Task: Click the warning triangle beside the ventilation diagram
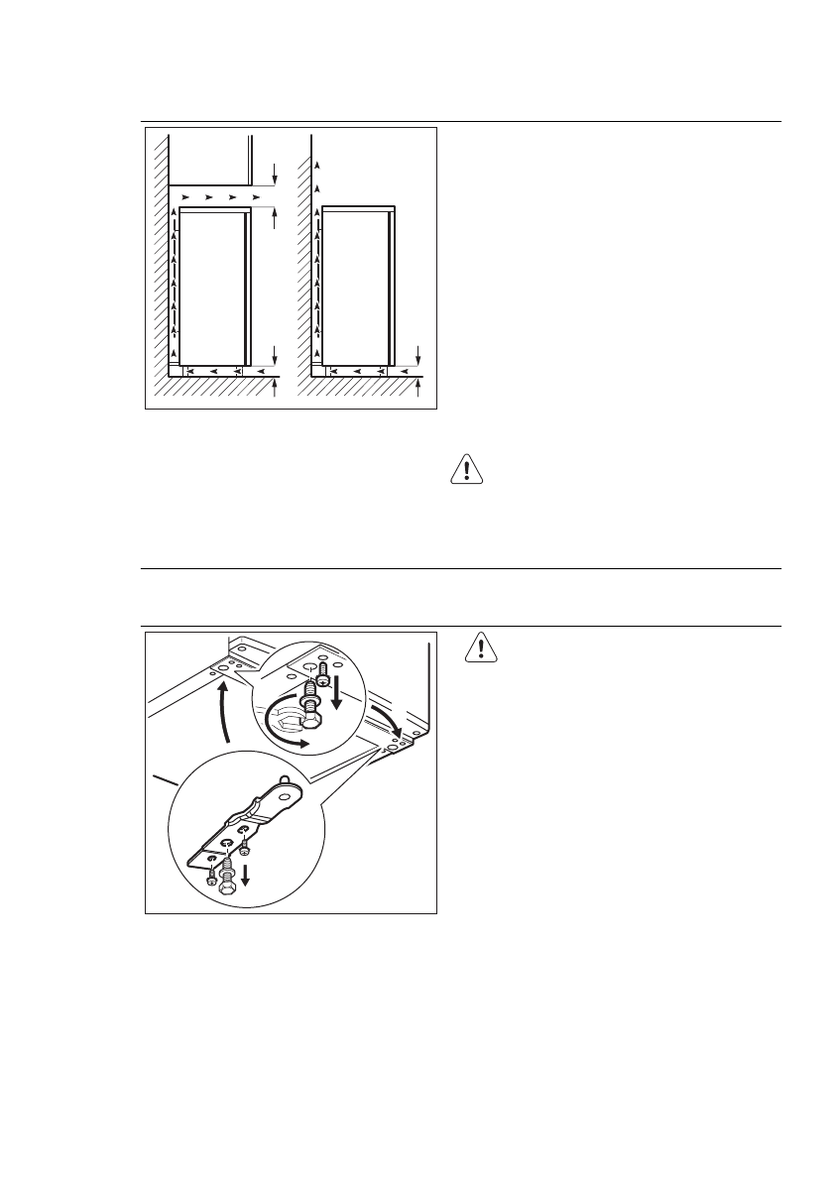coord(466,468)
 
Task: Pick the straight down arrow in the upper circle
coord(338,692)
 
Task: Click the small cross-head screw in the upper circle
coord(322,682)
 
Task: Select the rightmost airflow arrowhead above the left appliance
coord(256,198)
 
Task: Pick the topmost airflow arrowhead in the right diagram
coord(316,163)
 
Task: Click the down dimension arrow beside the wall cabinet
coord(275,177)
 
